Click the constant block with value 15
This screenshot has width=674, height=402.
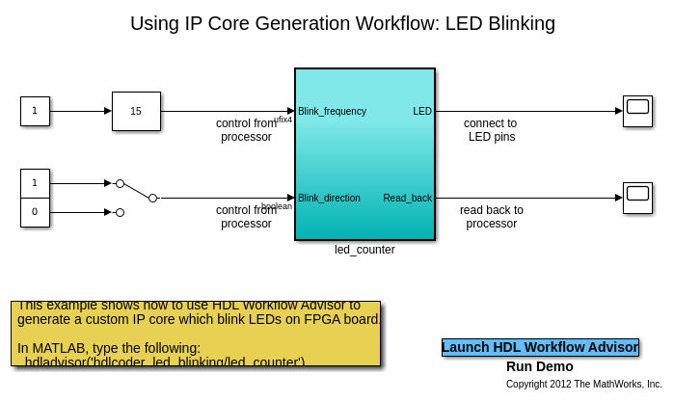pos(136,111)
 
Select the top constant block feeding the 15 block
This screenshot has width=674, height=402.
pos(35,111)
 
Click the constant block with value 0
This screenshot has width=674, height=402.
pos(35,212)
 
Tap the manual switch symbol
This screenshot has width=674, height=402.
pos(136,191)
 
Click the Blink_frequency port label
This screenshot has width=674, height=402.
pos(332,111)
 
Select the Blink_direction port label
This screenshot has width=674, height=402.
pos(329,198)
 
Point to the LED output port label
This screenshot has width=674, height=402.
pos(422,111)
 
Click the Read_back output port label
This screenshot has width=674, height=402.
pos(407,198)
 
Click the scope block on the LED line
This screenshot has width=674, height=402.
pos(637,111)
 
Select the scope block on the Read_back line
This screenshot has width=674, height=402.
pos(637,198)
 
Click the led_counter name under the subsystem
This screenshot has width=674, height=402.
pos(364,250)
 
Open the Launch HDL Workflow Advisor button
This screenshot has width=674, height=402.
pos(540,347)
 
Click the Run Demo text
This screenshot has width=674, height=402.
pos(540,366)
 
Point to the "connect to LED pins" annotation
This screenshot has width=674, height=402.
pos(491,130)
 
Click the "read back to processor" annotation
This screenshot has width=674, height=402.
pos(492,217)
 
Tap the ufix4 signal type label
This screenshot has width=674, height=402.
pos(283,120)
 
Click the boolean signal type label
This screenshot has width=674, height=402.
pos(277,206)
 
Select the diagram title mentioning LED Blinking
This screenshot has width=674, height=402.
pos(342,23)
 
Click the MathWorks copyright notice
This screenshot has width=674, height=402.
pos(584,384)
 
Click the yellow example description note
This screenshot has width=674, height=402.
pos(196,334)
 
